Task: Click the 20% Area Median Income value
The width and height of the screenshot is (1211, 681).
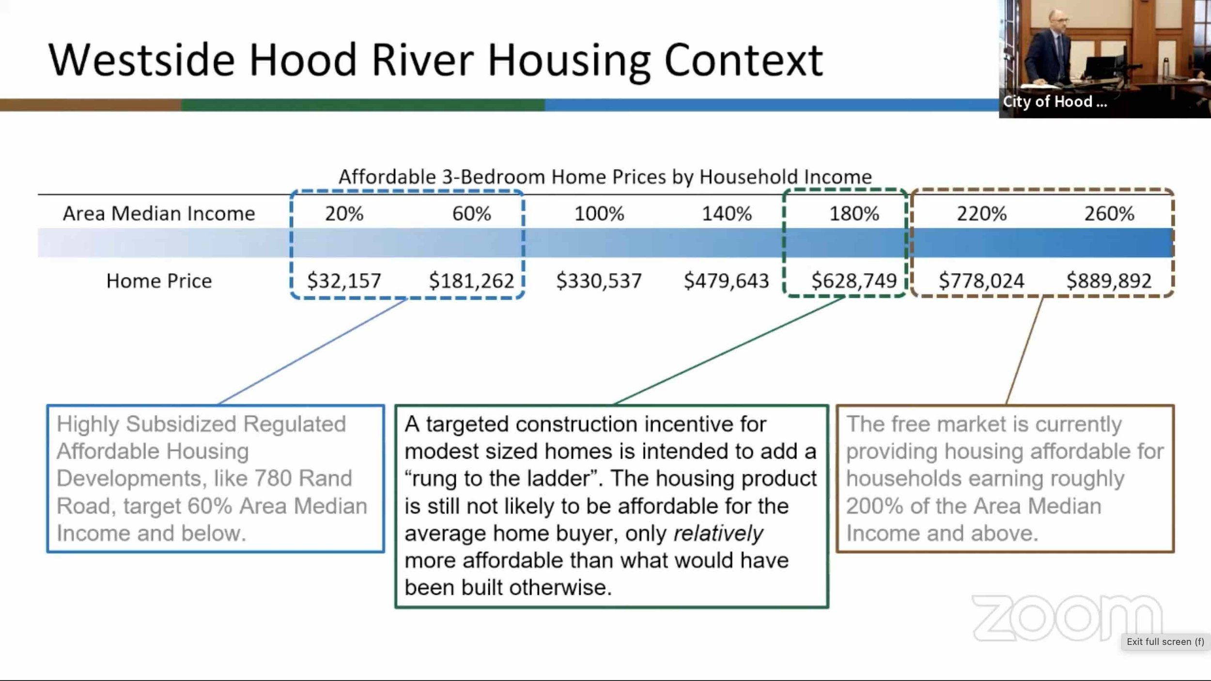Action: (344, 214)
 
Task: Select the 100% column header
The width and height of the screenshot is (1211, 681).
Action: (599, 214)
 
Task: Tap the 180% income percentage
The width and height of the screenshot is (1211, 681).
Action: (854, 214)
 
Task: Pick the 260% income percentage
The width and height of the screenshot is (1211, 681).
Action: (1109, 214)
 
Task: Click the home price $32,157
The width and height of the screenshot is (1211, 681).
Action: (344, 281)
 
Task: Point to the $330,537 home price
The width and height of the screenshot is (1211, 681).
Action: (599, 281)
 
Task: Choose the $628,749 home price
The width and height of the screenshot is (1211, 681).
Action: (854, 281)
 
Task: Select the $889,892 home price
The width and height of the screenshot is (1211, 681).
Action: (1109, 281)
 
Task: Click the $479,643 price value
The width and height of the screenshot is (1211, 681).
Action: (727, 281)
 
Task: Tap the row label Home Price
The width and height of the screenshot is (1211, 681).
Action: (159, 281)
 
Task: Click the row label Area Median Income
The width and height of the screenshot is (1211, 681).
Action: (159, 214)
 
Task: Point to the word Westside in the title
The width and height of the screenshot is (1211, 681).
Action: (142, 61)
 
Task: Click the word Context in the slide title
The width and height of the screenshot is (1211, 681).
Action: (744, 61)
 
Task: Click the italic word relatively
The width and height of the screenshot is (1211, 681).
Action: (718, 533)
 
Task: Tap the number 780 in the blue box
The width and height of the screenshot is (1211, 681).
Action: (273, 479)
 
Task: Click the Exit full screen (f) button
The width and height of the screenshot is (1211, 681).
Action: (1165, 642)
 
